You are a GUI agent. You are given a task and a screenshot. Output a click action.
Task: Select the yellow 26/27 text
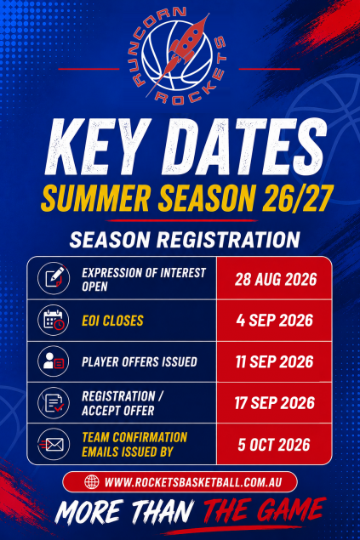[x=297, y=198]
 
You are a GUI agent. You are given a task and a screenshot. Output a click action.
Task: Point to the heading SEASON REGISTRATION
[x=185, y=240]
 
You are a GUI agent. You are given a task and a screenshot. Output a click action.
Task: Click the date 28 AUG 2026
[x=276, y=279]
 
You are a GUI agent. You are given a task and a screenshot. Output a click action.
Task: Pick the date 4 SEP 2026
[x=275, y=321]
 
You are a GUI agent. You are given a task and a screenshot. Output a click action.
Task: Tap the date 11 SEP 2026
[x=275, y=361]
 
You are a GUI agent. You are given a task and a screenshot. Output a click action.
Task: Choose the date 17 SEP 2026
[x=275, y=403]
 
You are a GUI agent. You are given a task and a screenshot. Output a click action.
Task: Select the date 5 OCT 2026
[x=274, y=445]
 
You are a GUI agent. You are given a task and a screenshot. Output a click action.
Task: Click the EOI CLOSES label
[x=112, y=321]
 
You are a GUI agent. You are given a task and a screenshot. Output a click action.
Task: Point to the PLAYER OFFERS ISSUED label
[x=140, y=362]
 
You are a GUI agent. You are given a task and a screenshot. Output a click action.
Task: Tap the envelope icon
[x=54, y=445]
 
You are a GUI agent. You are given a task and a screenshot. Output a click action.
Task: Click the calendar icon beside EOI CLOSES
[x=54, y=321]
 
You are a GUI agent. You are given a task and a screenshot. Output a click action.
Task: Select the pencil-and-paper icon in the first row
[x=54, y=278]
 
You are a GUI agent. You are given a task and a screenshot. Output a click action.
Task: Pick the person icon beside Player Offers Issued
[x=54, y=361]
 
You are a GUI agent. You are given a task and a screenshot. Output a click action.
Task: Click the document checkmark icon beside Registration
[x=54, y=402]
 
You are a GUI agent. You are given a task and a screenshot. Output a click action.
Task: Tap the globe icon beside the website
[x=92, y=482]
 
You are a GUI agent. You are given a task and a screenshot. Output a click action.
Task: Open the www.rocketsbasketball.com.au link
[x=193, y=482]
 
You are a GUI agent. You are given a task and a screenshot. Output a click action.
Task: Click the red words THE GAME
[x=264, y=511]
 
